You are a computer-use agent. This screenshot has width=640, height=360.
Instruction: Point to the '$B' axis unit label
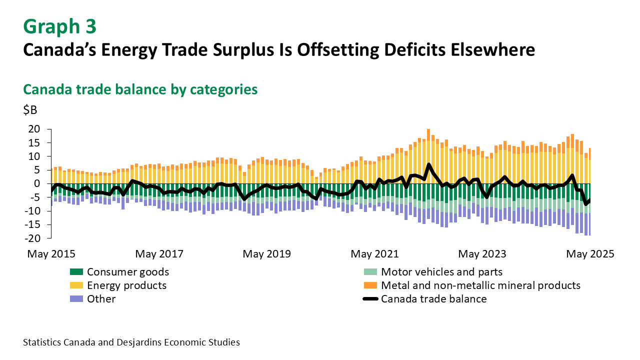[30, 110]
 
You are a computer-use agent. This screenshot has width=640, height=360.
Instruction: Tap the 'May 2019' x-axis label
[266, 254]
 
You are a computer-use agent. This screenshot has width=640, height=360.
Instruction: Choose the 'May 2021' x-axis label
[374, 254]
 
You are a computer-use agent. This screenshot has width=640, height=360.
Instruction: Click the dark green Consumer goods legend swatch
[76, 272]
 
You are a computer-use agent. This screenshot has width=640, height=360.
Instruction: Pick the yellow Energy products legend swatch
[76, 286]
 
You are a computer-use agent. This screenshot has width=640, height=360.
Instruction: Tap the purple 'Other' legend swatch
[76, 299]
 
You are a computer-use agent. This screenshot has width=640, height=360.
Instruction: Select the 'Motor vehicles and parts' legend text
[441, 272]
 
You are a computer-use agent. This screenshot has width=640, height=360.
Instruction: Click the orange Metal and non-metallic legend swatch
[370, 286]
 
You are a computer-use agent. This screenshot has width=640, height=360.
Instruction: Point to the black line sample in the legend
[370, 299]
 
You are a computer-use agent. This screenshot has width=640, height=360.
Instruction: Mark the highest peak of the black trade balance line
[428, 164]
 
